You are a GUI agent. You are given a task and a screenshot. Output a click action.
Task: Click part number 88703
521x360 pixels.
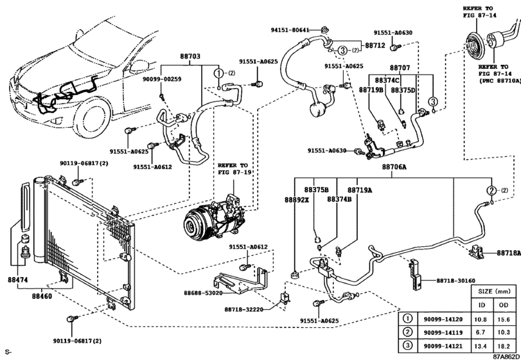coord(190,57)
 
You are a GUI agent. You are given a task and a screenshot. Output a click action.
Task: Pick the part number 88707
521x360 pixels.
coord(400,67)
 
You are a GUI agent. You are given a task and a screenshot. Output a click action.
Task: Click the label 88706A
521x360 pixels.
coord(394,166)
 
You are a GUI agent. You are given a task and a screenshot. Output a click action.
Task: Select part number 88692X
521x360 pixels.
coord(298,200)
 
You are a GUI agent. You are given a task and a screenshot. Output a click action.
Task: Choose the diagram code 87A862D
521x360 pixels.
coord(506,355)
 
